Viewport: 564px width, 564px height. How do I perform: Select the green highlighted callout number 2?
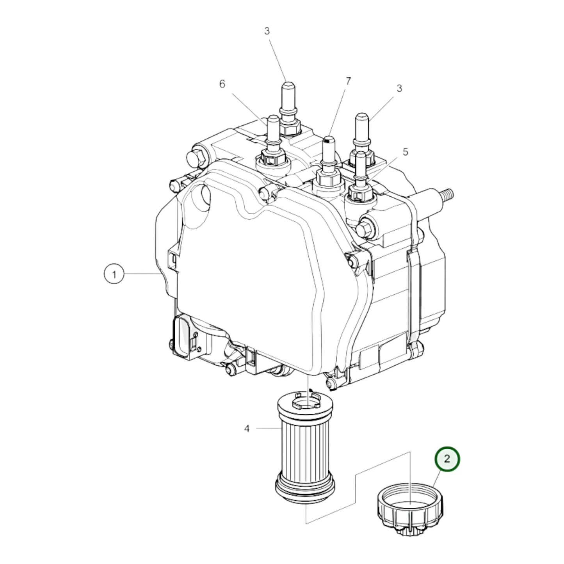pos(447,459)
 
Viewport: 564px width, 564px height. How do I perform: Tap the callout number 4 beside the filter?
pos(247,429)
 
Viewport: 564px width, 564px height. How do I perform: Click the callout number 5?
pos(405,151)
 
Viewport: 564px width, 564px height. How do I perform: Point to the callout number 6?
pos(222,84)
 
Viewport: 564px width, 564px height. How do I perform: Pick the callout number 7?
pos(348,81)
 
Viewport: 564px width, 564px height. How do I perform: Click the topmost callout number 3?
pos(267,31)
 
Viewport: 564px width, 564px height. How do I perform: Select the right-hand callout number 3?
pos(399,89)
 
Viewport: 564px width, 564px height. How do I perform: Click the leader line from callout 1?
pos(141,274)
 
